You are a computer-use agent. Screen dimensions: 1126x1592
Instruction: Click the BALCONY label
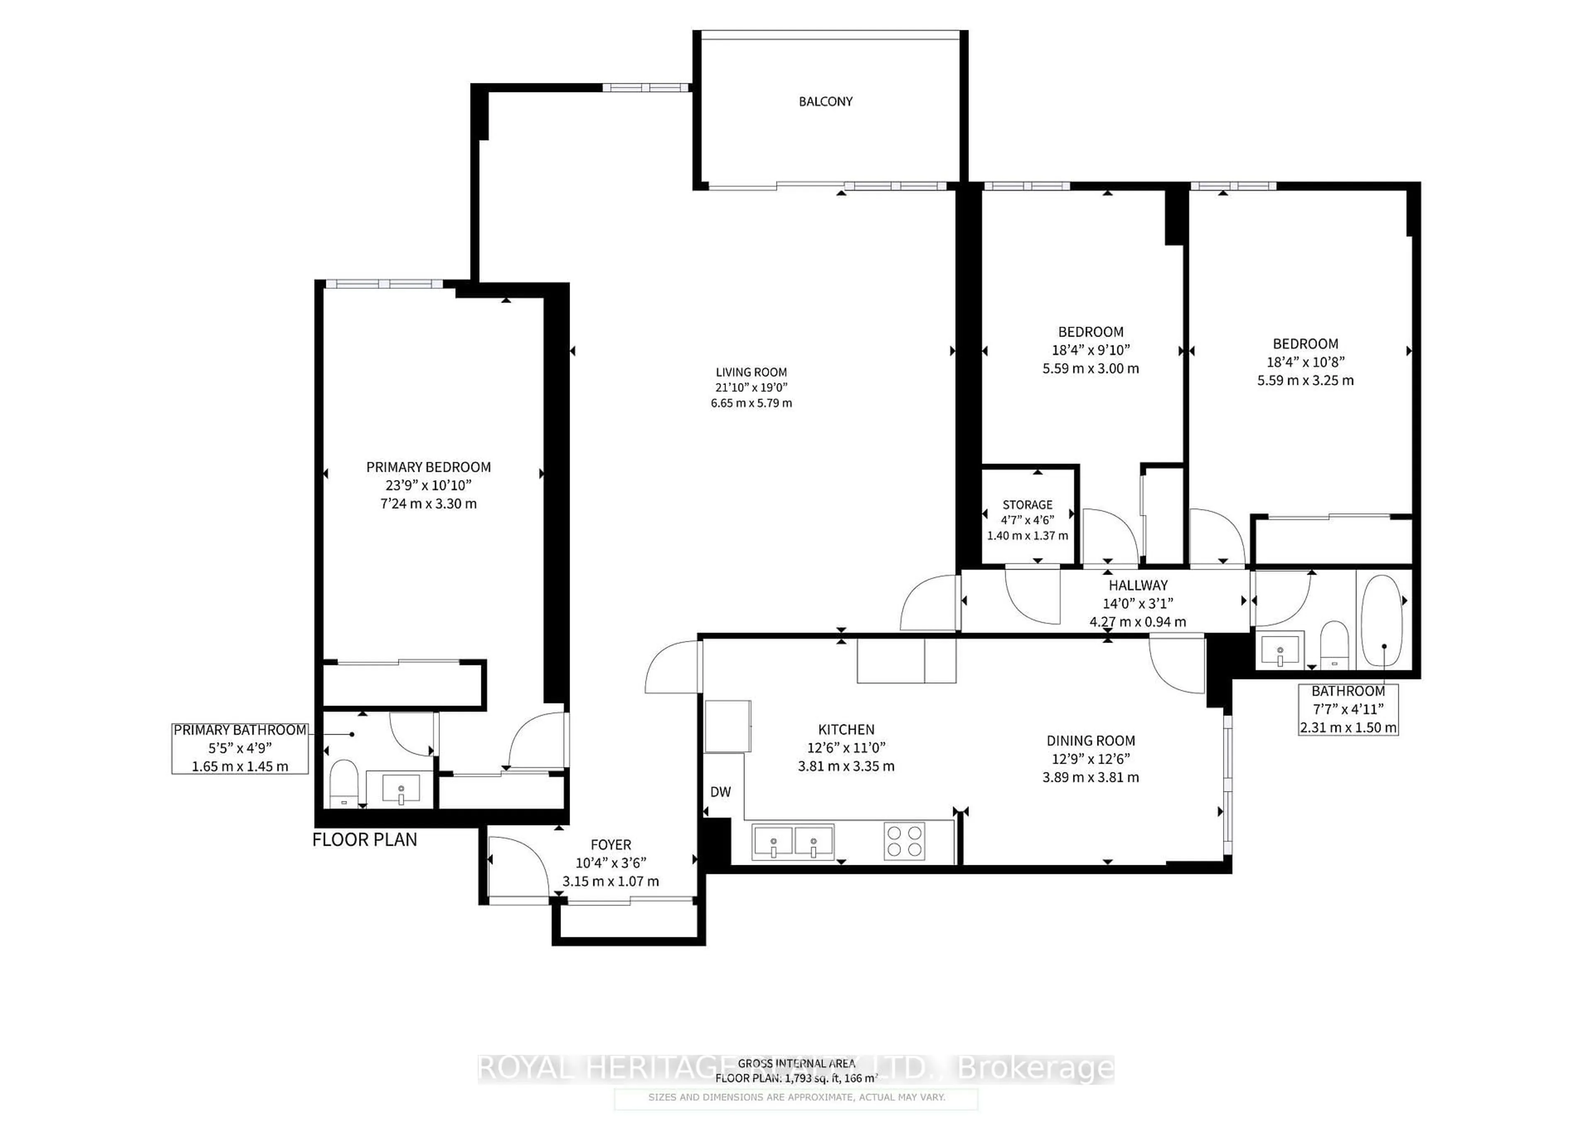click(x=825, y=101)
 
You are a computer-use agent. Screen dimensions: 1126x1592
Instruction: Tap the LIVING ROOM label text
click(x=751, y=372)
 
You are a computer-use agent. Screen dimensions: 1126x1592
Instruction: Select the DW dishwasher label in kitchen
click(x=721, y=792)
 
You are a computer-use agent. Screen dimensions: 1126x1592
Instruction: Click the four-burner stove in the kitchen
click(x=904, y=841)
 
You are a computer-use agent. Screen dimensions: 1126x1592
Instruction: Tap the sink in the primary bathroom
click(x=401, y=790)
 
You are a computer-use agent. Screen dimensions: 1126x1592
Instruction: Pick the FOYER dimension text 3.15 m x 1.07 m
click(x=610, y=881)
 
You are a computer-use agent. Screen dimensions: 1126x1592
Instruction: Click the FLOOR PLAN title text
click(x=365, y=840)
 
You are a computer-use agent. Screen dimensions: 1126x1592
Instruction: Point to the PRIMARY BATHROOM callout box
click(x=240, y=748)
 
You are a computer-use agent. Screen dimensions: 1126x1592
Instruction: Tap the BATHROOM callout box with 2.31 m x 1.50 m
click(x=1347, y=709)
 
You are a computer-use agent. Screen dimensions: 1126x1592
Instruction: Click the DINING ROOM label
click(x=1091, y=740)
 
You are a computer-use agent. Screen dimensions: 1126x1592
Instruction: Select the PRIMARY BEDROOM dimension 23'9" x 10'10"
click(x=429, y=485)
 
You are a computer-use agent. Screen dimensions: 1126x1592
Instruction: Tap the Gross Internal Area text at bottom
click(x=796, y=1063)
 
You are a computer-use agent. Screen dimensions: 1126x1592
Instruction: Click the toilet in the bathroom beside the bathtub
click(x=1332, y=643)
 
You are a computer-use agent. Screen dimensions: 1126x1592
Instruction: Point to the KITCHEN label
click(x=846, y=729)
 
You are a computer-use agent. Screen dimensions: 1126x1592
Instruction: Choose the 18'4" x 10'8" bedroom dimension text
click(x=1305, y=362)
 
